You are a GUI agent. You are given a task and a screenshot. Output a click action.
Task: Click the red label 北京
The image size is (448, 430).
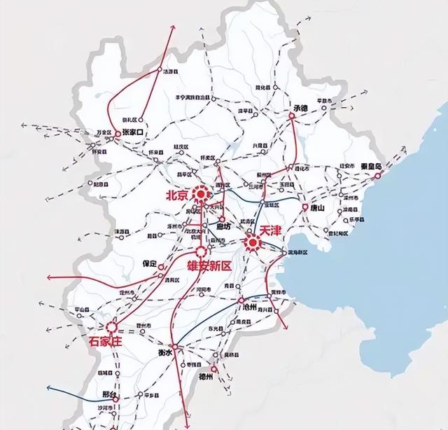tap(176, 196)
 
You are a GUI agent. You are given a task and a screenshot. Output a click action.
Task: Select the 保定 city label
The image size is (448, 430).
tap(150, 264)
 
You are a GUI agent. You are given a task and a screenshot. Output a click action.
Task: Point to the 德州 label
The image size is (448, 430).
tap(206, 376)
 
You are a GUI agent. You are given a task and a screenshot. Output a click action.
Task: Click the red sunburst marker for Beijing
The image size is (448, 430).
tap(202, 193)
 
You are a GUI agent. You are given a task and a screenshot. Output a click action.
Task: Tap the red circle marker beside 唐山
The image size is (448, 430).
tap(305, 208)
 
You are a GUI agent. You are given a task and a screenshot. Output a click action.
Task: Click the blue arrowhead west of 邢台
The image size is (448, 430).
tap(48, 387)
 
